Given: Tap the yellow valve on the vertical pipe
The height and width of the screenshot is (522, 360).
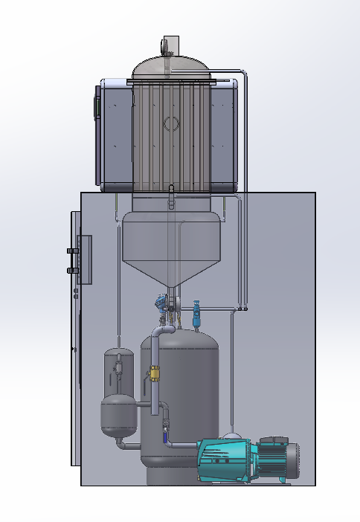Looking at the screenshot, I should click(155, 374).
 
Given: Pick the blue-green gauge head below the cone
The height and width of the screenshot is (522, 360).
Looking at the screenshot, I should click(159, 301).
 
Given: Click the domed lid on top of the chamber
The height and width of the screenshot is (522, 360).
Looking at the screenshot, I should click(170, 68).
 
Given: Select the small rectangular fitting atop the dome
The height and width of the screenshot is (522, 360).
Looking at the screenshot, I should click(170, 45).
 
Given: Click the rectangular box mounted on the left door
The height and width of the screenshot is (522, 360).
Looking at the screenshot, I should click(84, 260).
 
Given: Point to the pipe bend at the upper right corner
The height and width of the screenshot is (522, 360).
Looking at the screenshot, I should click(243, 74).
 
